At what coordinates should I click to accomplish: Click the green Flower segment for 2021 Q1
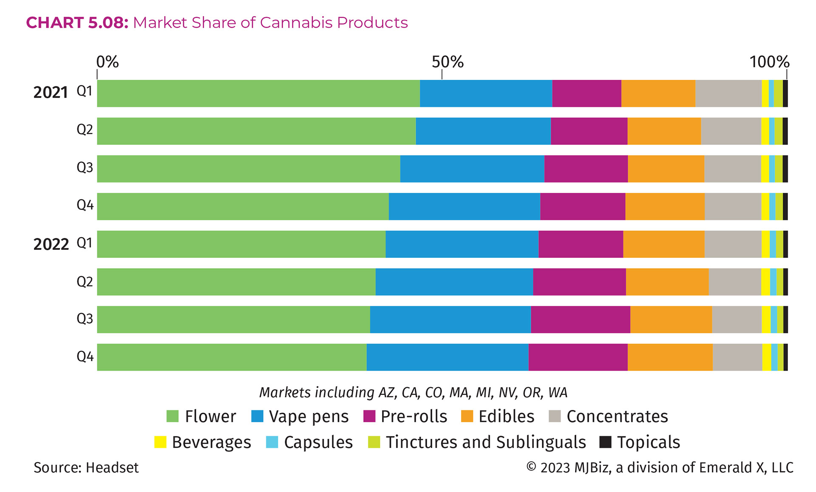click(258, 93)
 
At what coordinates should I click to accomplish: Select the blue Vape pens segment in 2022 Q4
click(447, 357)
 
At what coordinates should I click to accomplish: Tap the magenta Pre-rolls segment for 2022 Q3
click(580, 320)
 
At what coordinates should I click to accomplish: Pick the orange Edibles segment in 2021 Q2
click(664, 131)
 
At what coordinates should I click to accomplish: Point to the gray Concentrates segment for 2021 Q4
click(733, 206)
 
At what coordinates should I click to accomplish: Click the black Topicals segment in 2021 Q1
click(785, 93)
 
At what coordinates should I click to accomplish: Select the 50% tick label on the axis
click(447, 62)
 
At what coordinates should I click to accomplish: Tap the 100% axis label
click(769, 62)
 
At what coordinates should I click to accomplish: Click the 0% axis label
click(107, 62)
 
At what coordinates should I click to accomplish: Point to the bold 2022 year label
click(51, 244)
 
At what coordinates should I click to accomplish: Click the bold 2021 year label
click(51, 93)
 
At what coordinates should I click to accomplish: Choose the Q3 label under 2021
click(85, 167)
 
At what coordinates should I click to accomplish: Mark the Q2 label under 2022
click(85, 282)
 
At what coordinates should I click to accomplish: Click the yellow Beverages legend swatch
click(160, 442)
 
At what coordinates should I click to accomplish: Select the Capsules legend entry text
click(318, 442)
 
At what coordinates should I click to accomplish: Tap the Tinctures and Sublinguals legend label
click(485, 442)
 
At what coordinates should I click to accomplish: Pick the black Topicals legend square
click(605, 442)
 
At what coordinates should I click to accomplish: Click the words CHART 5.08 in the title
click(77, 23)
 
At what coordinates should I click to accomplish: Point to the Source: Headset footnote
click(86, 467)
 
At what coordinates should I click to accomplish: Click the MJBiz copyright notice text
click(660, 467)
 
